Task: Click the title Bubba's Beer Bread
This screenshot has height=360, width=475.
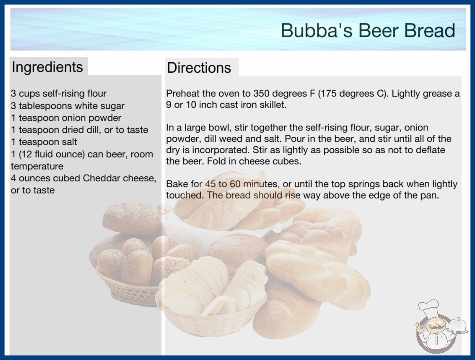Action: [368, 30]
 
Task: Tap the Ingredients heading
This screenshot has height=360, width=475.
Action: [47, 67]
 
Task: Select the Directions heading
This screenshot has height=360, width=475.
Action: [199, 68]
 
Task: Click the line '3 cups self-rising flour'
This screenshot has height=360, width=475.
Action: [59, 94]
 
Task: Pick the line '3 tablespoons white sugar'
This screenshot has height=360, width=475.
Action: [68, 106]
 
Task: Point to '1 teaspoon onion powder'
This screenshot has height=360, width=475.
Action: [66, 118]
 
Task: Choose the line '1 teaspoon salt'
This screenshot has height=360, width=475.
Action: [44, 142]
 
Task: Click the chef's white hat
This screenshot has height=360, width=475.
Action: [429, 307]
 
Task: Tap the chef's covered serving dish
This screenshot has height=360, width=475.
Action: [458, 325]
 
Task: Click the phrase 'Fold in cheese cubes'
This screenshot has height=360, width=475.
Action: [253, 161]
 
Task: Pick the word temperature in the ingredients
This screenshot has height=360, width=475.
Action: [37, 166]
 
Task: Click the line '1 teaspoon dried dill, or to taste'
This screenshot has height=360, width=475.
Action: [79, 130]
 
